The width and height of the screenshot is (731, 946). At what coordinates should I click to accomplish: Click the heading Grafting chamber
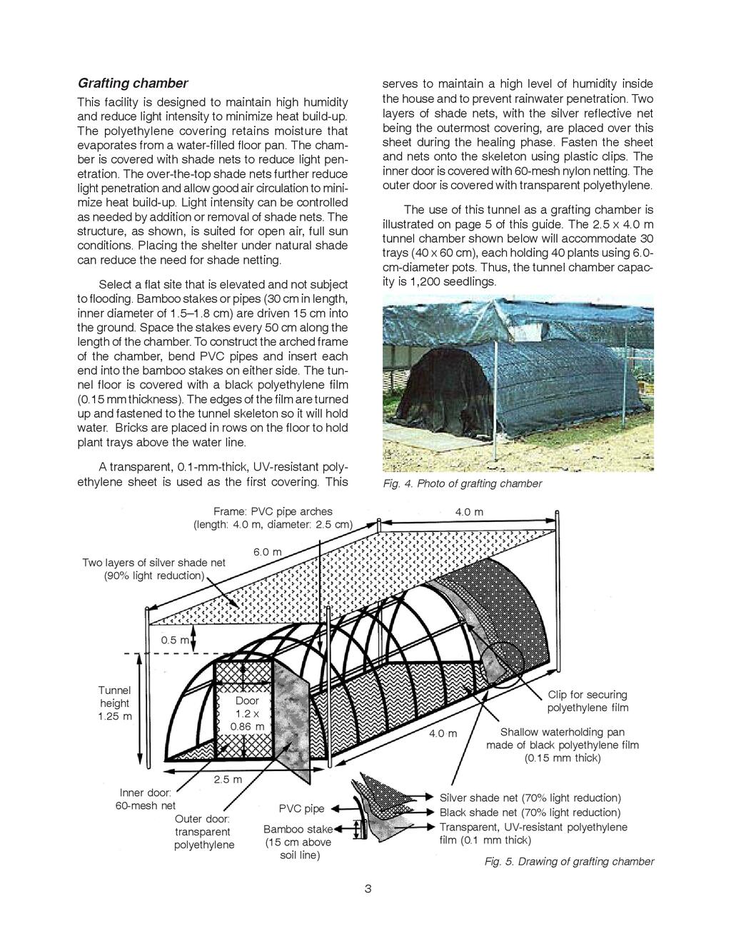[133, 83]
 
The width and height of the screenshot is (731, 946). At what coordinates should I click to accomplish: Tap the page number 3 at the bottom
[368, 889]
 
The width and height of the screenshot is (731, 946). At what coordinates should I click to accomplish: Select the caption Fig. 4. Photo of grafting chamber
[462, 483]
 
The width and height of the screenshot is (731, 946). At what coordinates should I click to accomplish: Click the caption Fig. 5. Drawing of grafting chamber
[569, 862]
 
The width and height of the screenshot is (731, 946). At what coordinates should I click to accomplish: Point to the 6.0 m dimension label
[268, 552]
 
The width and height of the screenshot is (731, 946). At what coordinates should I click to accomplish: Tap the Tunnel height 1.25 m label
[115, 703]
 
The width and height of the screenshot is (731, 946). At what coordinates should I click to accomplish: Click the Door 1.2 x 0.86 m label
[247, 713]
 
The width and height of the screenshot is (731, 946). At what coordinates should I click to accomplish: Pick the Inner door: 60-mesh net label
[146, 800]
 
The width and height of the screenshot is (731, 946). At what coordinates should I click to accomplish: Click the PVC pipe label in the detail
[301, 809]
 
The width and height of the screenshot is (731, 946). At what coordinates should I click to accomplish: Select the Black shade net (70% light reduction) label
[530, 812]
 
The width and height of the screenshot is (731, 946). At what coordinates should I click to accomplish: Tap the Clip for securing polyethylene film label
[588, 701]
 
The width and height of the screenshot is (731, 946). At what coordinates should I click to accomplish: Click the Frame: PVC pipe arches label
[273, 511]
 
